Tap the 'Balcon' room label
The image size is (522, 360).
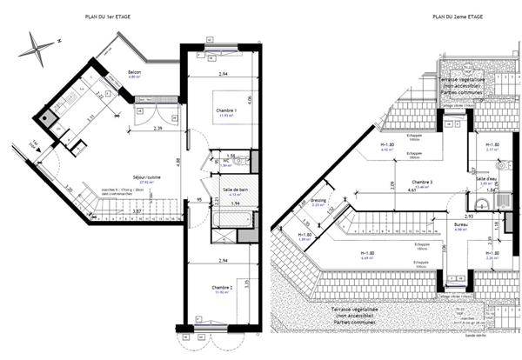coord(135,73)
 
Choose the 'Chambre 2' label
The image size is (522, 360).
coord(222,287)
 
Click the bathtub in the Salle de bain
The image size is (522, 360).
coord(231,217)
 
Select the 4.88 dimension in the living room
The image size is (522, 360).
coord(177,161)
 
